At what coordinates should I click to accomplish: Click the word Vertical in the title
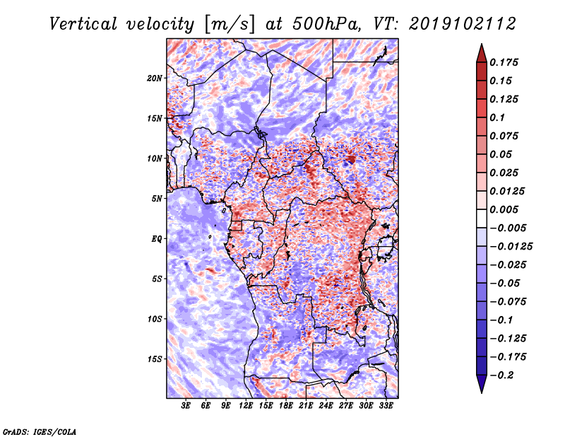click(x=83, y=24)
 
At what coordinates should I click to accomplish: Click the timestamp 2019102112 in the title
click(x=463, y=24)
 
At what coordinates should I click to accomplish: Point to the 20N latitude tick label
click(x=155, y=78)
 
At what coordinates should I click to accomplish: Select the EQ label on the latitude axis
click(x=157, y=239)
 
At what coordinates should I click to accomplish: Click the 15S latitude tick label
click(x=155, y=359)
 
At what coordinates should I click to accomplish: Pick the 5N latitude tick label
click(x=157, y=199)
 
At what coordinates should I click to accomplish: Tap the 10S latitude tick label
click(x=155, y=319)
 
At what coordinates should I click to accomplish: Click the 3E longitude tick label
click(x=186, y=406)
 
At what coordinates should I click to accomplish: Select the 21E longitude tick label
click(x=306, y=406)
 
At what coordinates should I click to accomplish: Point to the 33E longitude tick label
click(x=386, y=406)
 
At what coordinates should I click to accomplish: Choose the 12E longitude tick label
click(x=245, y=406)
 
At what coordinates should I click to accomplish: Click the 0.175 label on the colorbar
click(x=504, y=62)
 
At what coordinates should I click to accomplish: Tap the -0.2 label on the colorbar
click(x=501, y=375)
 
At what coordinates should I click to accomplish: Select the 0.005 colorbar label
click(x=504, y=209)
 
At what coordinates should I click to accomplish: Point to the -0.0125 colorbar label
click(x=511, y=247)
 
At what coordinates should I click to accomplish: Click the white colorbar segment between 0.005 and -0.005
click(x=482, y=218)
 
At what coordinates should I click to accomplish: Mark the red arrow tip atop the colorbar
click(x=482, y=45)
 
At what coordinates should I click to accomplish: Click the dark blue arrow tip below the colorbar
click(x=482, y=392)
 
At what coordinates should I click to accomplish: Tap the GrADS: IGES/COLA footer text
click(x=40, y=431)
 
